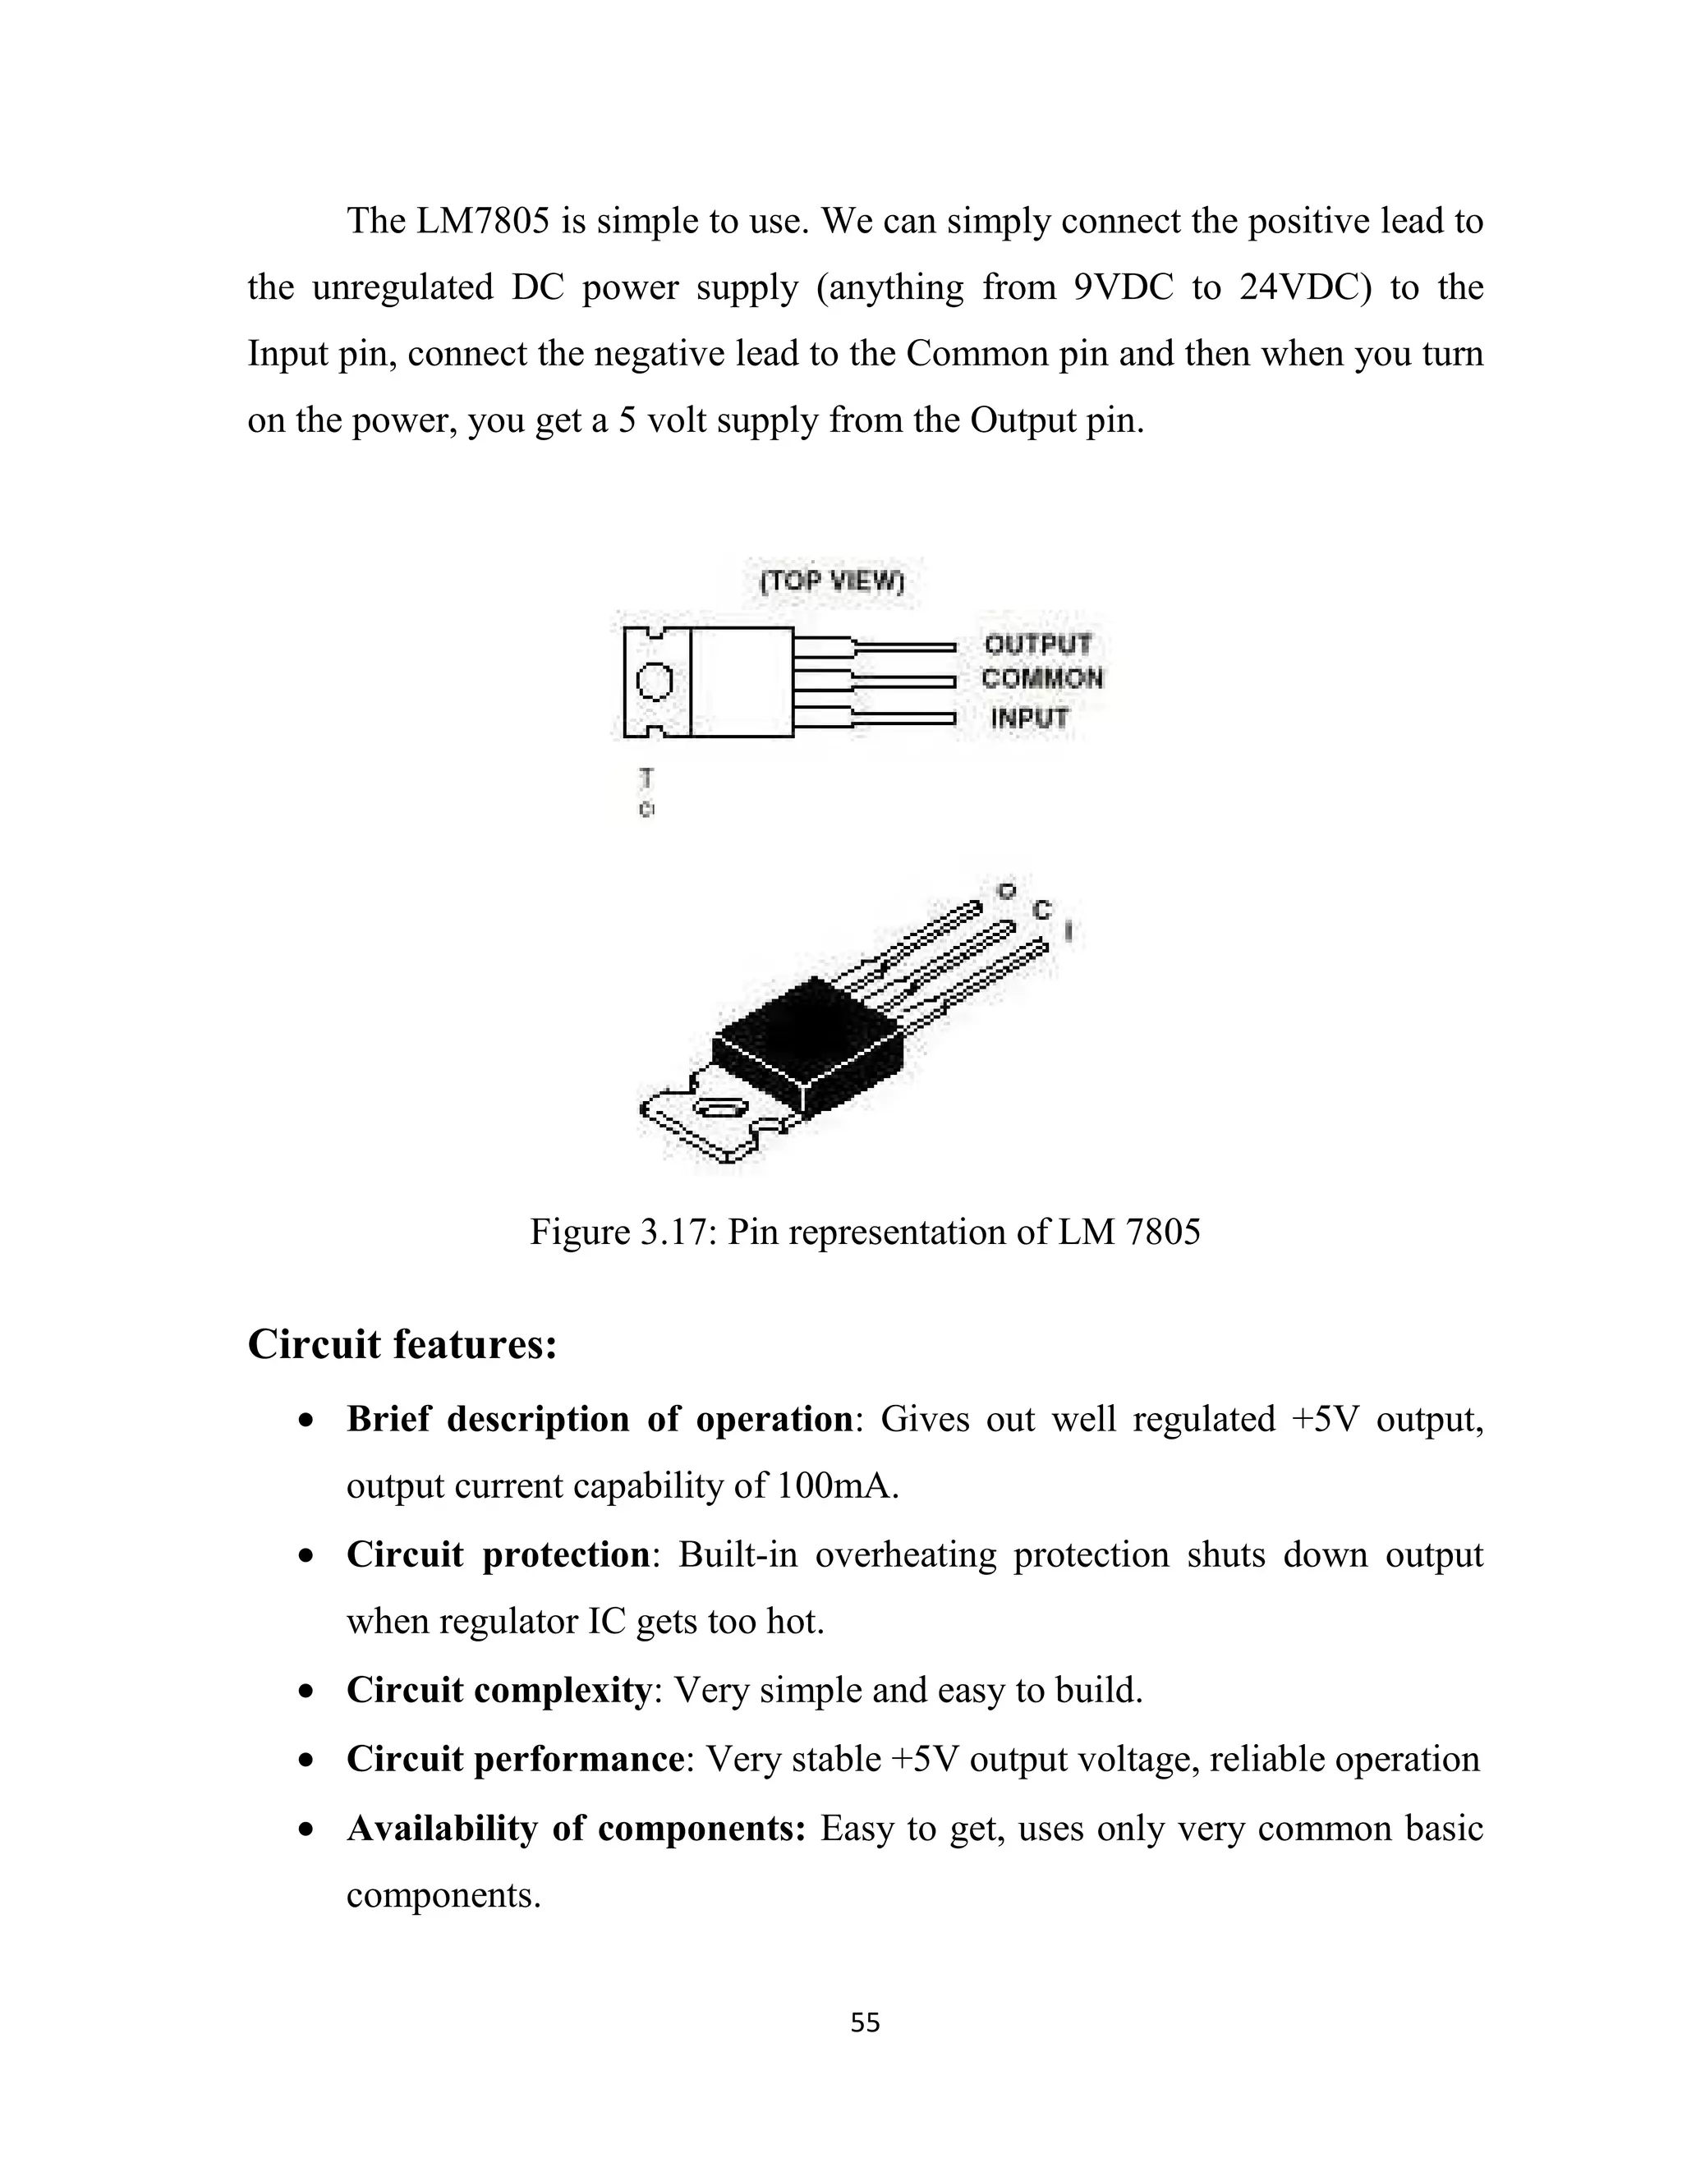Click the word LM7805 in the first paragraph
(x=482, y=221)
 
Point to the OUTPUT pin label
(x=1037, y=645)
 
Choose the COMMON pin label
(x=1041, y=680)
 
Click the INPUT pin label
(x=1029, y=718)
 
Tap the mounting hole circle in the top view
(x=655, y=682)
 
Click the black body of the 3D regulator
(x=807, y=1046)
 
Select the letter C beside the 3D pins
(x=1042, y=910)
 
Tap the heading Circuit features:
(x=402, y=1344)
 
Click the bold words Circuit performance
(x=514, y=1759)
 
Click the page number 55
(x=865, y=2022)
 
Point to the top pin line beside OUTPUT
(x=902, y=646)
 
